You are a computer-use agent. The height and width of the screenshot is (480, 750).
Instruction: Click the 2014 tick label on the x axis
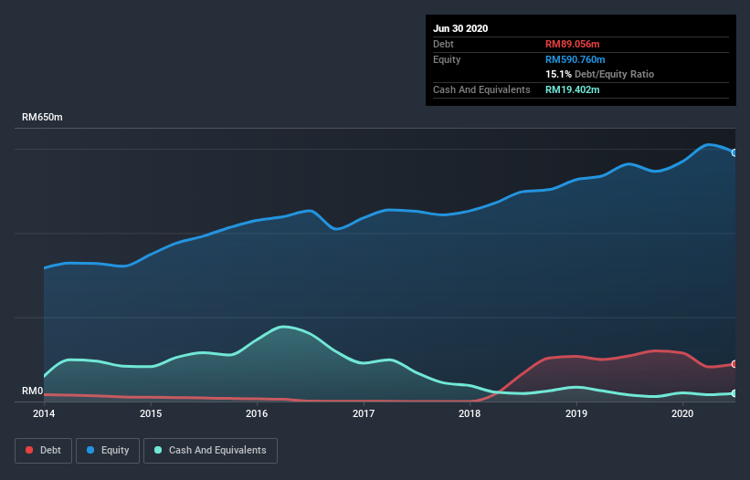tap(44, 413)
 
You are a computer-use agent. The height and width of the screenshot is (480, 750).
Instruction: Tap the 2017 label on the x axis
tap(364, 413)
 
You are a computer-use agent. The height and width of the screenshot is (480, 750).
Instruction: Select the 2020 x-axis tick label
tap(682, 413)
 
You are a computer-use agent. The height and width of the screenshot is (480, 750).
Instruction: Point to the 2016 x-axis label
tap(257, 413)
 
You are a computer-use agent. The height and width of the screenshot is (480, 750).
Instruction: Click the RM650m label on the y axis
tap(42, 117)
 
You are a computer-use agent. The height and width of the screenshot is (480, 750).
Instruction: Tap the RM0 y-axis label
tap(33, 391)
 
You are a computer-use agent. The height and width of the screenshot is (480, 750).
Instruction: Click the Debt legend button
tap(44, 451)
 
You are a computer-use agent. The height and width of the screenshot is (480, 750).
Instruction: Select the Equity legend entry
tap(108, 451)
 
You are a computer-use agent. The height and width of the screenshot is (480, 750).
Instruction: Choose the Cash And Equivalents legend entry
tap(210, 451)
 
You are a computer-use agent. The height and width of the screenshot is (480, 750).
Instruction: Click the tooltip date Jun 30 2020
tap(460, 28)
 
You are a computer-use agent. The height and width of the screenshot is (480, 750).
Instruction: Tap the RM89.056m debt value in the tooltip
tap(573, 44)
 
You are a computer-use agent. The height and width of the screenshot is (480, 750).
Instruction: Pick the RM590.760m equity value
tap(576, 59)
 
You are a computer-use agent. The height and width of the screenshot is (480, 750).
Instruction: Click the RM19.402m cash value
tap(573, 89)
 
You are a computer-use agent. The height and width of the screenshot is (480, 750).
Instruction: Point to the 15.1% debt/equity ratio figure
tap(559, 74)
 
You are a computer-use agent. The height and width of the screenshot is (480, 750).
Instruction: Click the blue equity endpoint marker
tap(734, 152)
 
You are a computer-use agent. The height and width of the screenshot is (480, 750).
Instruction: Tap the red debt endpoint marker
tap(734, 364)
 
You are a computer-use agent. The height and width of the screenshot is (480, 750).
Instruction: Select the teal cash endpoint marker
tap(734, 393)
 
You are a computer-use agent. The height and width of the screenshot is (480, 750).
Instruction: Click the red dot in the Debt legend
tap(29, 450)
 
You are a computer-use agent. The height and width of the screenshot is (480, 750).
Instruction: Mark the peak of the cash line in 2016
tap(283, 327)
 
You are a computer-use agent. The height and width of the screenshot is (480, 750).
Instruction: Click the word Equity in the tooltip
tap(447, 59)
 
